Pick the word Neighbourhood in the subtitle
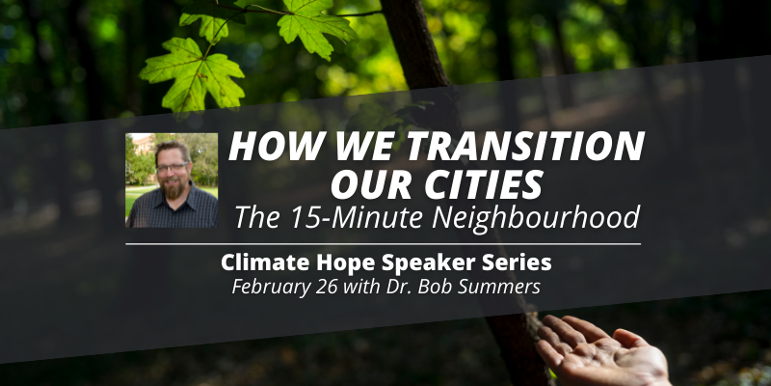pos(536,218)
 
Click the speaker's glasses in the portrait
pos(172,167)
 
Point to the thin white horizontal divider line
pos(383,244)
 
